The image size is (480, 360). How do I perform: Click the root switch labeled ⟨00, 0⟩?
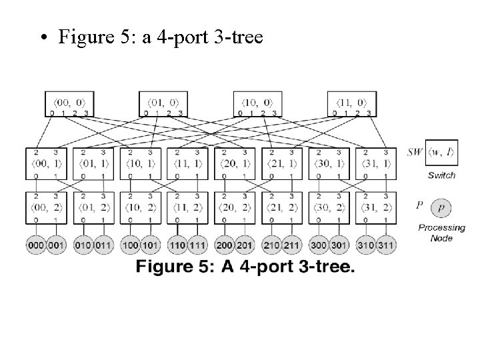coord(69,103)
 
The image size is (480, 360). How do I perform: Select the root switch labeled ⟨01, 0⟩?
coord(163,103)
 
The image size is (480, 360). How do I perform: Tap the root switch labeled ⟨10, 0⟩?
coord(257,103)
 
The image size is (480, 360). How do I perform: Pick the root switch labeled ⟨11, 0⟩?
coord(352,103)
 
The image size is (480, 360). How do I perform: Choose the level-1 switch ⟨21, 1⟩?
coord(283,163)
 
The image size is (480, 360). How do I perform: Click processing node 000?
coord(36,245)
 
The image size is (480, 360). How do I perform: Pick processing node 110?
coord(177,245)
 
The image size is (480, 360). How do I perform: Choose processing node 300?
coord(319,245)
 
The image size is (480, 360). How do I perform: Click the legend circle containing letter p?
coord(441,209)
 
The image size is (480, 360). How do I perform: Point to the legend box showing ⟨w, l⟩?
coord(441,154)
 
